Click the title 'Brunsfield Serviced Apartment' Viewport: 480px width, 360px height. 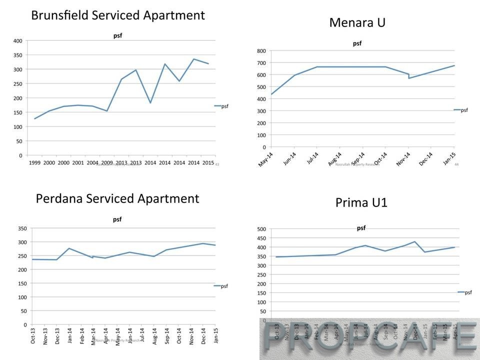[x=118, y=15]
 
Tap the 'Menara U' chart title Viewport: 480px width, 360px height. [x=357, y=22]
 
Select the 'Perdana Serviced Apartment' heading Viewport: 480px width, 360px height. [x=117, y=198]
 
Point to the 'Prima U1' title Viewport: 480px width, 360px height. [x=361, y=202]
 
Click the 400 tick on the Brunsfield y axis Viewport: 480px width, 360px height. [x=18, y=40]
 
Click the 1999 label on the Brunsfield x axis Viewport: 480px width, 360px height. [x=34, y=163]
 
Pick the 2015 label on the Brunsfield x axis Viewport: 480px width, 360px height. [x=208, y=163]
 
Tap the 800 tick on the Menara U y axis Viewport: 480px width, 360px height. [x=260, y=51]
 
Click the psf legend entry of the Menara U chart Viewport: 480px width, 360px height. [x=464, y=110]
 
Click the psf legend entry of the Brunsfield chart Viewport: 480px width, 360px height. [x=224, y=106]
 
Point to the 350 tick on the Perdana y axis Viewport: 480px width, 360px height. [x=23, y=228]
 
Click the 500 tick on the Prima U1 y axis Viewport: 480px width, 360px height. [x=261, y=229]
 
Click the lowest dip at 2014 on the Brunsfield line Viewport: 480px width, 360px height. [x=150, y=102]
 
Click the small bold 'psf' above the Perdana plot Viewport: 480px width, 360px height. [x=117, y=219]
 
